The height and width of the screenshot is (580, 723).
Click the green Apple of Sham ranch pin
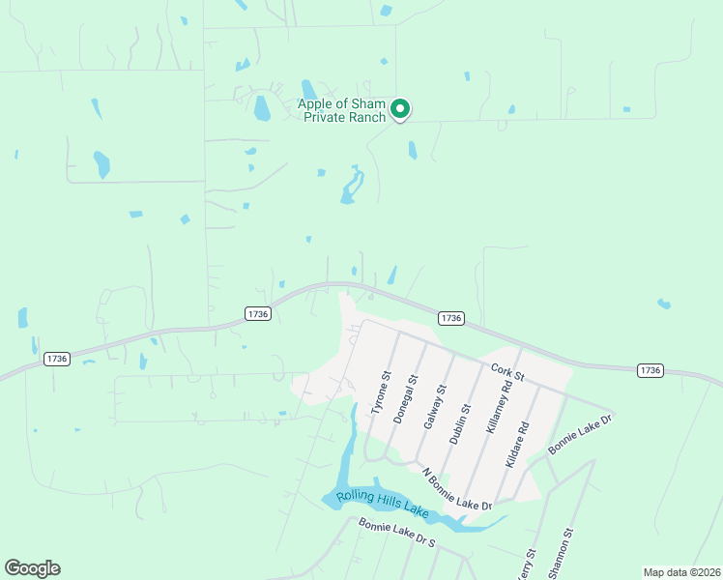point(400,109)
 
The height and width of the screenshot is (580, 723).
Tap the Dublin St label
point(461,422)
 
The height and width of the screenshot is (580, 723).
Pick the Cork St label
point(506,370)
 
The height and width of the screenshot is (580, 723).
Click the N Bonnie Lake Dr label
point(457,490)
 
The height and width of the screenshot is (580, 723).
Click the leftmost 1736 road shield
point(57,359)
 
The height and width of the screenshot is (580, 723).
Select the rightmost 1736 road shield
point(650,370)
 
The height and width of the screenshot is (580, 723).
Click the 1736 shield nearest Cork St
point(450,318)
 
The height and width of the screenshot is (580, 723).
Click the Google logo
point(32,568)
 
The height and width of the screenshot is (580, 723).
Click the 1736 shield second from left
point(257,313)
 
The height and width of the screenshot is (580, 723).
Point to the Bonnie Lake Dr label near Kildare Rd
point(581,434)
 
